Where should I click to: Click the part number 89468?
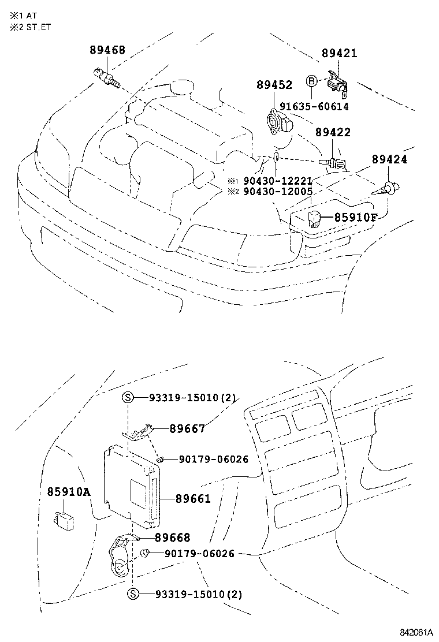107,50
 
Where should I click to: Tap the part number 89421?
339,54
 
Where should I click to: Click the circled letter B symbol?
311,81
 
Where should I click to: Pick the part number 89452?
274,85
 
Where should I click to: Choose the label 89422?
333,132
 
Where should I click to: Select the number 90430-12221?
278,181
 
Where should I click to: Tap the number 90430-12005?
278,191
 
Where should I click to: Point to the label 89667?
187,428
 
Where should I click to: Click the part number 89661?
193,499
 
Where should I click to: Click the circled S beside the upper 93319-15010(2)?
128,397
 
